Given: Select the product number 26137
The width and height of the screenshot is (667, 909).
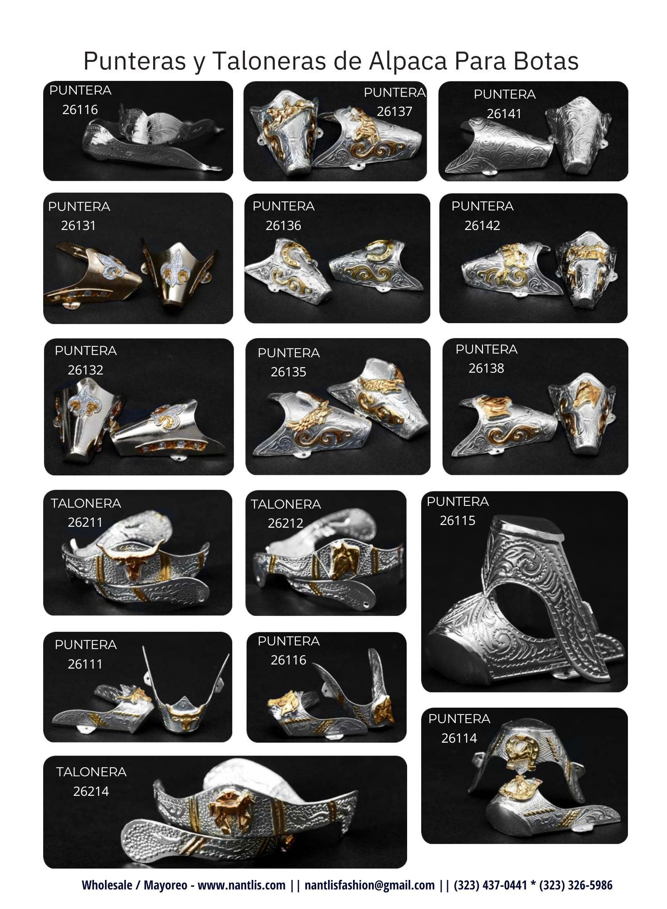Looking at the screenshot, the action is (394, 112).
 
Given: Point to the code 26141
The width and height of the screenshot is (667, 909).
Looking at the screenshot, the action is (504, 114).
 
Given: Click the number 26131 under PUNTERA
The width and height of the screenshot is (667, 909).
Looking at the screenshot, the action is (79, 225).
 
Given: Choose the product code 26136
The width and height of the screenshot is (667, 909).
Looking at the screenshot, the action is (283, 225).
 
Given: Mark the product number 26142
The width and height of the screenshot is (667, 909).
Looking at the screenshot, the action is (482, 225).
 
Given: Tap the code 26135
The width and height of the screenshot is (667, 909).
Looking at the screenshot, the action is (289, 372).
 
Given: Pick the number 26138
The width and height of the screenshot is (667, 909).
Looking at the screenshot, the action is (486, 369).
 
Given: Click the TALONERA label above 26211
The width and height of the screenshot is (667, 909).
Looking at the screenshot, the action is (86, 504).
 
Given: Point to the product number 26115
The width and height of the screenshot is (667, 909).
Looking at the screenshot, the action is (458, 521).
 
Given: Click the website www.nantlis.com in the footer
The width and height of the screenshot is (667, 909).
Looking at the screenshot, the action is (242, 885).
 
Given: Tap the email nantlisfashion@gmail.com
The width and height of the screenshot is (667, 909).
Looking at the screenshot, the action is (369, 885).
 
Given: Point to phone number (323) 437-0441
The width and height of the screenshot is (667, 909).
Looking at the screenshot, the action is (490, 885).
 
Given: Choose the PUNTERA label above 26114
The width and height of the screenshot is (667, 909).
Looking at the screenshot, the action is (459, 719).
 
